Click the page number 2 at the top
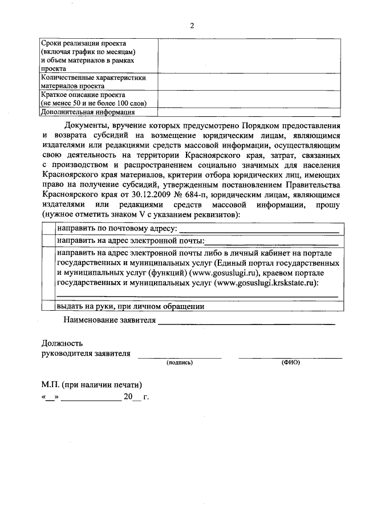[x=192, y=26]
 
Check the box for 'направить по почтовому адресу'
[x=48, y=229]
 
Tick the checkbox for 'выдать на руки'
[x=48, y=306]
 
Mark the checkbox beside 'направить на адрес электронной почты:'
[x=48, y=241]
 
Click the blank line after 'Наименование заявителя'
[x=246, y=323]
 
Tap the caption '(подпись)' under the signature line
[x=180, y=363]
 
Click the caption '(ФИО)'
[x=290, y=363]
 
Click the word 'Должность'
[x=62, y=343]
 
